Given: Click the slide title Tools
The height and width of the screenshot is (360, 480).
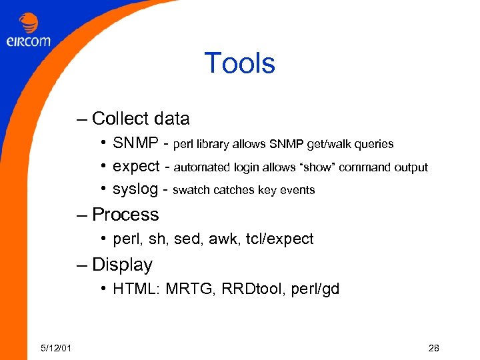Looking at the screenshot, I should pyautogui.click(x=239, y=64).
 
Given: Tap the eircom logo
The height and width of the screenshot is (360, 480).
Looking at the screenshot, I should pyautogui.click(x=29, y=31).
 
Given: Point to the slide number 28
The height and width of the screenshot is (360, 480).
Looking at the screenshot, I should pyautogui.click(x=433, y=348).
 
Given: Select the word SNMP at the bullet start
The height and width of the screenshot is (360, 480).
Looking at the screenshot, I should pyautogui.click(x=135, y=143).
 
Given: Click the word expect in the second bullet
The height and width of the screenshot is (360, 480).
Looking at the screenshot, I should pyautogui.click(x=136, y=167).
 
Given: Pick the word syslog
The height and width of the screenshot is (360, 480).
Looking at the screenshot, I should pyautogui.click(x=135, y=190).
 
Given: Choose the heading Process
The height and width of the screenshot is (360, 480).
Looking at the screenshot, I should pyautogui.click(x=125, y=215).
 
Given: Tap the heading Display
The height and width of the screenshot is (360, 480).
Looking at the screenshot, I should pyautogui.click(x=122, y=265).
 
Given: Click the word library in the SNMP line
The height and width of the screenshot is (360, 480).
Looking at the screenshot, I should pyautogui.click(x=215, y=144).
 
